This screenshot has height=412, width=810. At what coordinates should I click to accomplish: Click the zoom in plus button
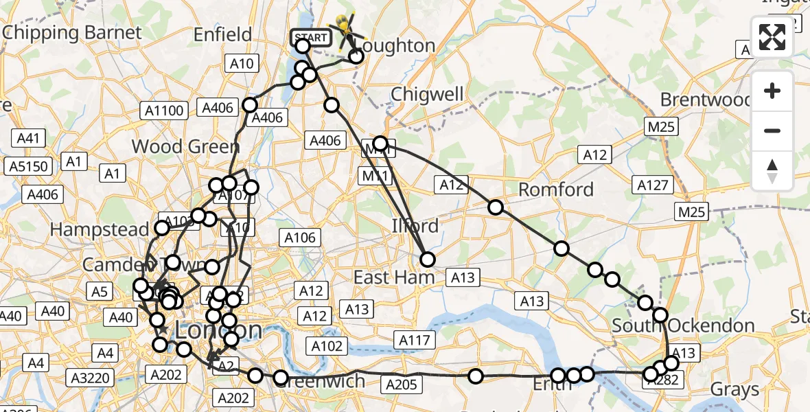(772, 91)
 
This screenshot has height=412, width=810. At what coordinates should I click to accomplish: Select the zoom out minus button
(772, 130)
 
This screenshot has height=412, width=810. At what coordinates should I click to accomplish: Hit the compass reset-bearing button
(772, 170)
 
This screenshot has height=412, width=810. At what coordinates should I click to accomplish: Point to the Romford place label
(556, 189)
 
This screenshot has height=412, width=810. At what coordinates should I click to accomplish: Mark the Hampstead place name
(100, 229)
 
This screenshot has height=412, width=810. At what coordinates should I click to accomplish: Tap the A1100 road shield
(163, 110)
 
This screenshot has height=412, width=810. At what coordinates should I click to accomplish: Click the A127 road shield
(652, 185)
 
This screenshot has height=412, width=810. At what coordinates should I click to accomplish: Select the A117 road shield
(414, 339)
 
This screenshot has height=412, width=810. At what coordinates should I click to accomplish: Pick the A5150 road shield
(29, 166)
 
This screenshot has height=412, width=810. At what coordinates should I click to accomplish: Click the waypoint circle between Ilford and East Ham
(428, 259)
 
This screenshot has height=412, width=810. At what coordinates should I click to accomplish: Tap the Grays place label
(734, 389)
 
